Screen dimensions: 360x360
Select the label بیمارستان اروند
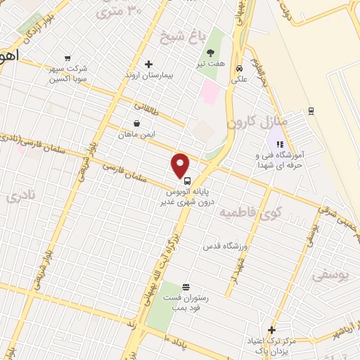[x=148, y=75]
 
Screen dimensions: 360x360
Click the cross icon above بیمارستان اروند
[x=148, y=64]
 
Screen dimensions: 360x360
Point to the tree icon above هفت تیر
[x=210, y=53]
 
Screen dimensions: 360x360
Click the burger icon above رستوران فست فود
[x=186, y=286]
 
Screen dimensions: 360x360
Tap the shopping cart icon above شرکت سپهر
[x=67, y=58]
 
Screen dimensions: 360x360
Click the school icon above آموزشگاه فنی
[x=280, y=144]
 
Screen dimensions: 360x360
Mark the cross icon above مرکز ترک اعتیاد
[x=271, y=330]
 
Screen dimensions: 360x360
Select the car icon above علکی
[x=240, y=69]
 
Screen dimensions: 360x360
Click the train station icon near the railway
[x=311, y=110]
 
